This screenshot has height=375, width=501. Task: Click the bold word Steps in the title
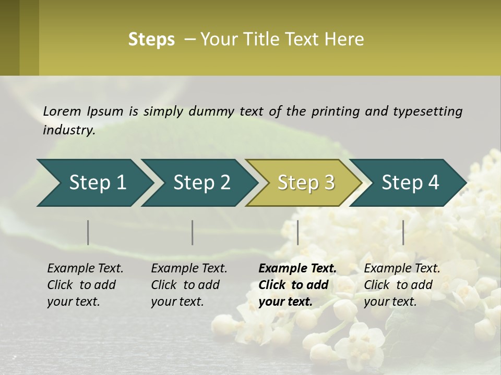pyautogui.click(x=151, y=40)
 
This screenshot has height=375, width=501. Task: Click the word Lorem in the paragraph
pyautogui.click(x=62, y=111)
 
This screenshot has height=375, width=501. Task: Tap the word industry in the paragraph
pyautogui.click(x=69, y=130)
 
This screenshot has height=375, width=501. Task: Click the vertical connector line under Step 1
pyautogui.click(x=88, y=232)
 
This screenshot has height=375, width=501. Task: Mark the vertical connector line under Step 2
pyautogui.click(x=193, y=232)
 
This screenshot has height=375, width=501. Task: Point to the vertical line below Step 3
pyautogui.click(x=298, y=232)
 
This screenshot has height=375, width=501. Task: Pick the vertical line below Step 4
pyautogui.click(x=403, y=232)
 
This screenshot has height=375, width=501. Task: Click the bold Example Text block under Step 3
pyautogui.click(x=297, y=285)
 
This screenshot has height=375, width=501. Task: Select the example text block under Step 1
pyautogui.click(x=85, y=285)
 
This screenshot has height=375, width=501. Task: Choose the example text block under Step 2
pyautogui.click(x=189, y=285)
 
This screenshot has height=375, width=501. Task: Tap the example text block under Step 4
pyautogui.click(x=402, y=285)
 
